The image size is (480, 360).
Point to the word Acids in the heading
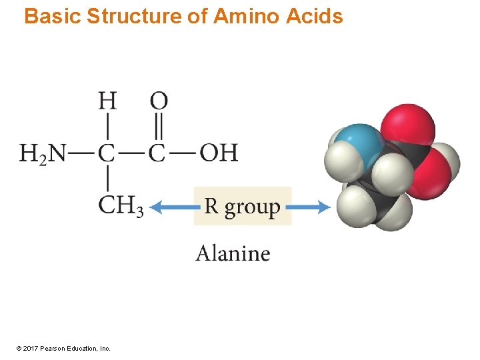[315, 16]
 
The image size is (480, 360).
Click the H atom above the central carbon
[107, 101]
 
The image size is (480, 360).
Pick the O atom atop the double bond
[159, 101]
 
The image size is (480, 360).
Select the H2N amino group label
[43, 153]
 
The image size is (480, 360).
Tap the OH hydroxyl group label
[219, 153]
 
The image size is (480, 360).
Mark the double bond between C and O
[159, 127]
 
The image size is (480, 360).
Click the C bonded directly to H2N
[107, 153]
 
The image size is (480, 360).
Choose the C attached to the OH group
[157, 153]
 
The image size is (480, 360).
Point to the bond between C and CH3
[107, 179]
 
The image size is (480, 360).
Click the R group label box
[243, 206]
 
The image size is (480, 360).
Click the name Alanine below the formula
[233, 253]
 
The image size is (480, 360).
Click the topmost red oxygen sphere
[407, 123]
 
